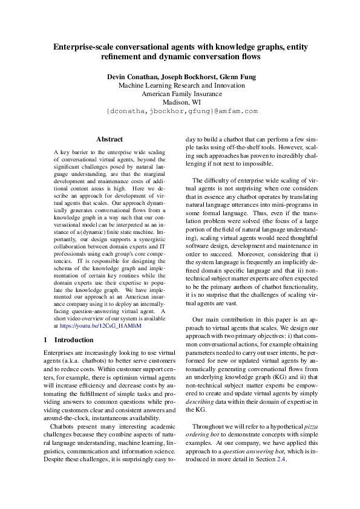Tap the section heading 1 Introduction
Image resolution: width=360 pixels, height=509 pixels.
[x=69, y=340]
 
